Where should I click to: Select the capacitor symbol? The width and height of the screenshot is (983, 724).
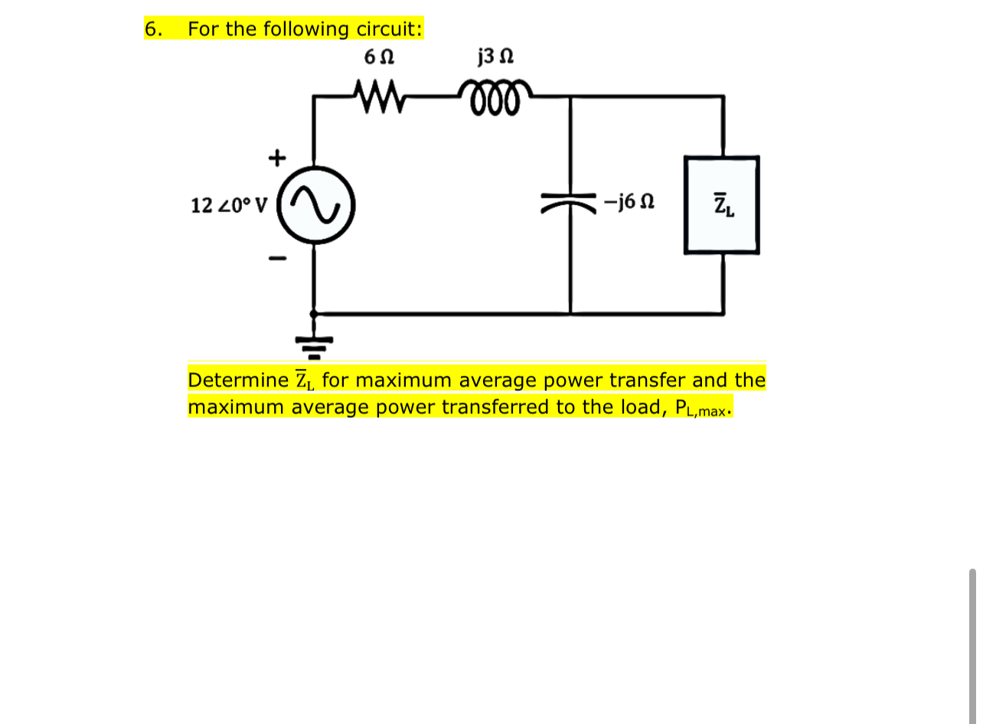click(x=570, y=204)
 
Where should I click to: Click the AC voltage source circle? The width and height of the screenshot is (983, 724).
click(x=314, y=204)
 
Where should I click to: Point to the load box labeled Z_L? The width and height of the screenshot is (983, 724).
click(x=722, y=205)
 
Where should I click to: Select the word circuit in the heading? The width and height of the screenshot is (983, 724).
click(x=387, y=29)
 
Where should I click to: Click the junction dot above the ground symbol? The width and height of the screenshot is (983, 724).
click(x=314, y=313)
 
